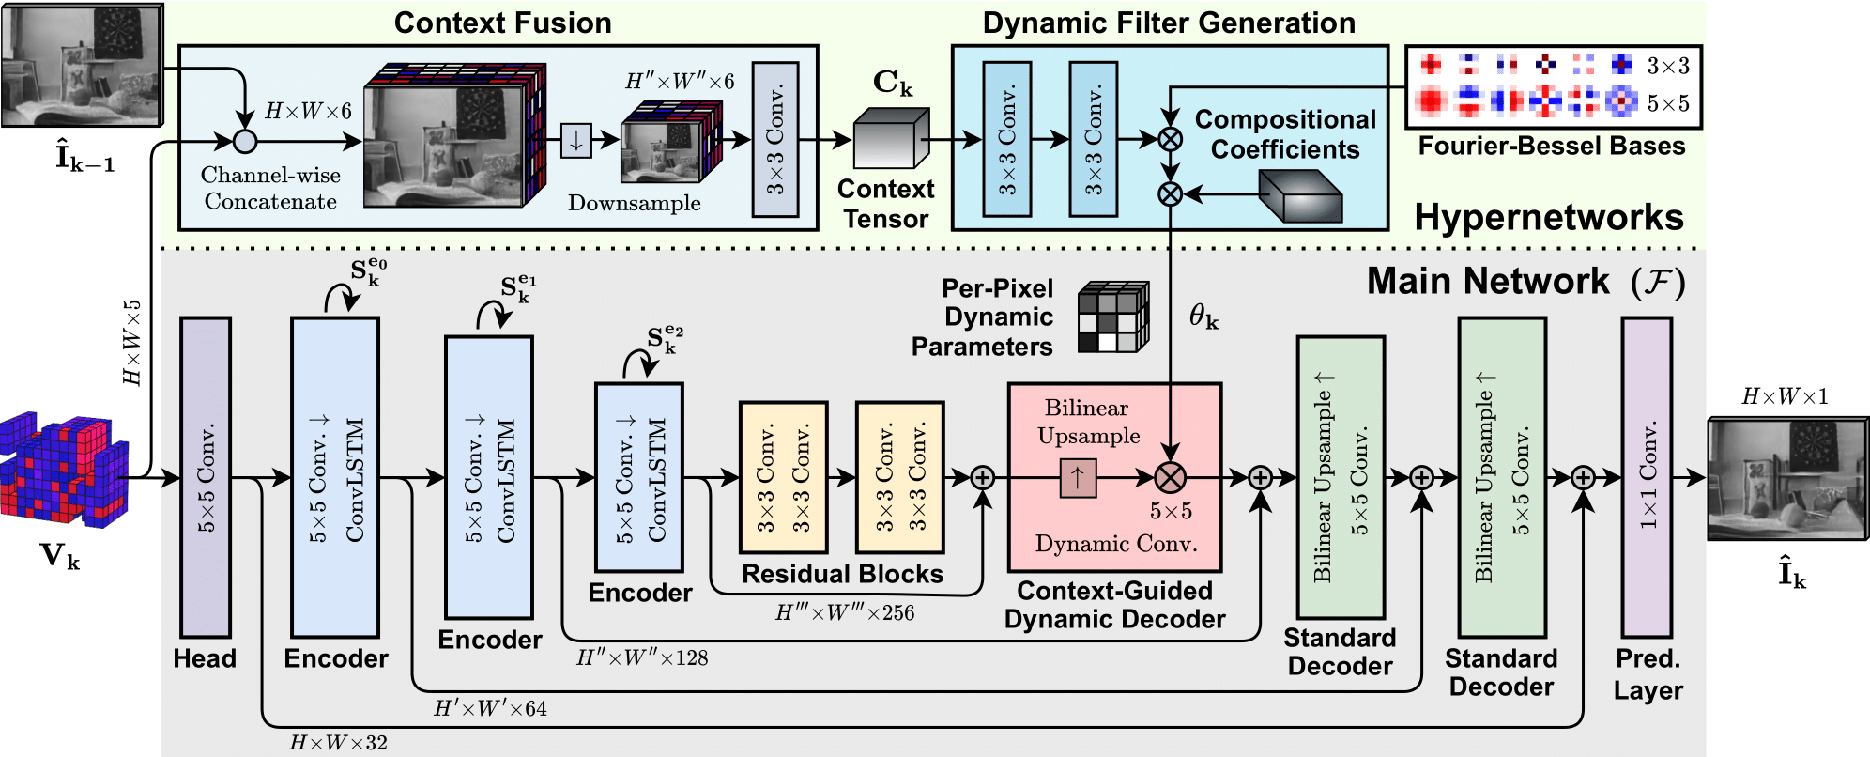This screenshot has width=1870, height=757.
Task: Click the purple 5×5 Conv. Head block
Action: pyautogui.click(x=206, y=477)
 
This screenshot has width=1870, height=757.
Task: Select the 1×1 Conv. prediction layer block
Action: pyautogui.click(x=1648, y=477)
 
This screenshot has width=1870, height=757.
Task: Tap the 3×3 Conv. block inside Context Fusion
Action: pyautogui.click(x=775, y=139)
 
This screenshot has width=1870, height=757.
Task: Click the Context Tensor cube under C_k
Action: pyautogui.click(x=891, y=138)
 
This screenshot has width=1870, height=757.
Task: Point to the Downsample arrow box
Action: pyautogui.click(x=576, y=141)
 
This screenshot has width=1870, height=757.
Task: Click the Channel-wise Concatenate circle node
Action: pyautogui.click(x=245, y=142)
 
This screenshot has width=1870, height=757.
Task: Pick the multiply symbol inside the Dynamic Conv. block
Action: pyautogui.click(x=1170, y=477)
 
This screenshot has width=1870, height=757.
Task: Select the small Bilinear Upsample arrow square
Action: pyautogui.click(x=1078, y=477)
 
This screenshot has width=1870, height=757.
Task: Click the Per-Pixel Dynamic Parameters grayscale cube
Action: pyautogui.click(x=1113, y=317)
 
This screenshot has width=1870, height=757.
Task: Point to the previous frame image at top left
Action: pyautogui.click(x=82, y=64)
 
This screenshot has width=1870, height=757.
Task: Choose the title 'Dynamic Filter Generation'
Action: pyautogui.click(x=1169, y=23)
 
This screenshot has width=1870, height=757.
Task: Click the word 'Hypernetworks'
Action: pyautogui.click(x=1549, y=217)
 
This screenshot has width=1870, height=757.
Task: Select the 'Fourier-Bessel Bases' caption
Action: pyautogui.click(x=1552, y=147)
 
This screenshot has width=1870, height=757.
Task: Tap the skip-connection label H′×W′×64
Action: pyautogui.click(x=490, y=708)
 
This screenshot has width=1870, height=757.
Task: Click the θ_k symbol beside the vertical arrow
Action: pyautogui.click(x=1203, y=317)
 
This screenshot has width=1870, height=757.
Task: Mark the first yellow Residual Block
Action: pyautogui.click(x=783, y=477)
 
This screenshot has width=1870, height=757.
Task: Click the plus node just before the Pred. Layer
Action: pyautogui.click(x=1583, y=477)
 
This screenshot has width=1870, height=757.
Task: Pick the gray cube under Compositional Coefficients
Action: pyautogui.click(x=1300, y=195)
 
